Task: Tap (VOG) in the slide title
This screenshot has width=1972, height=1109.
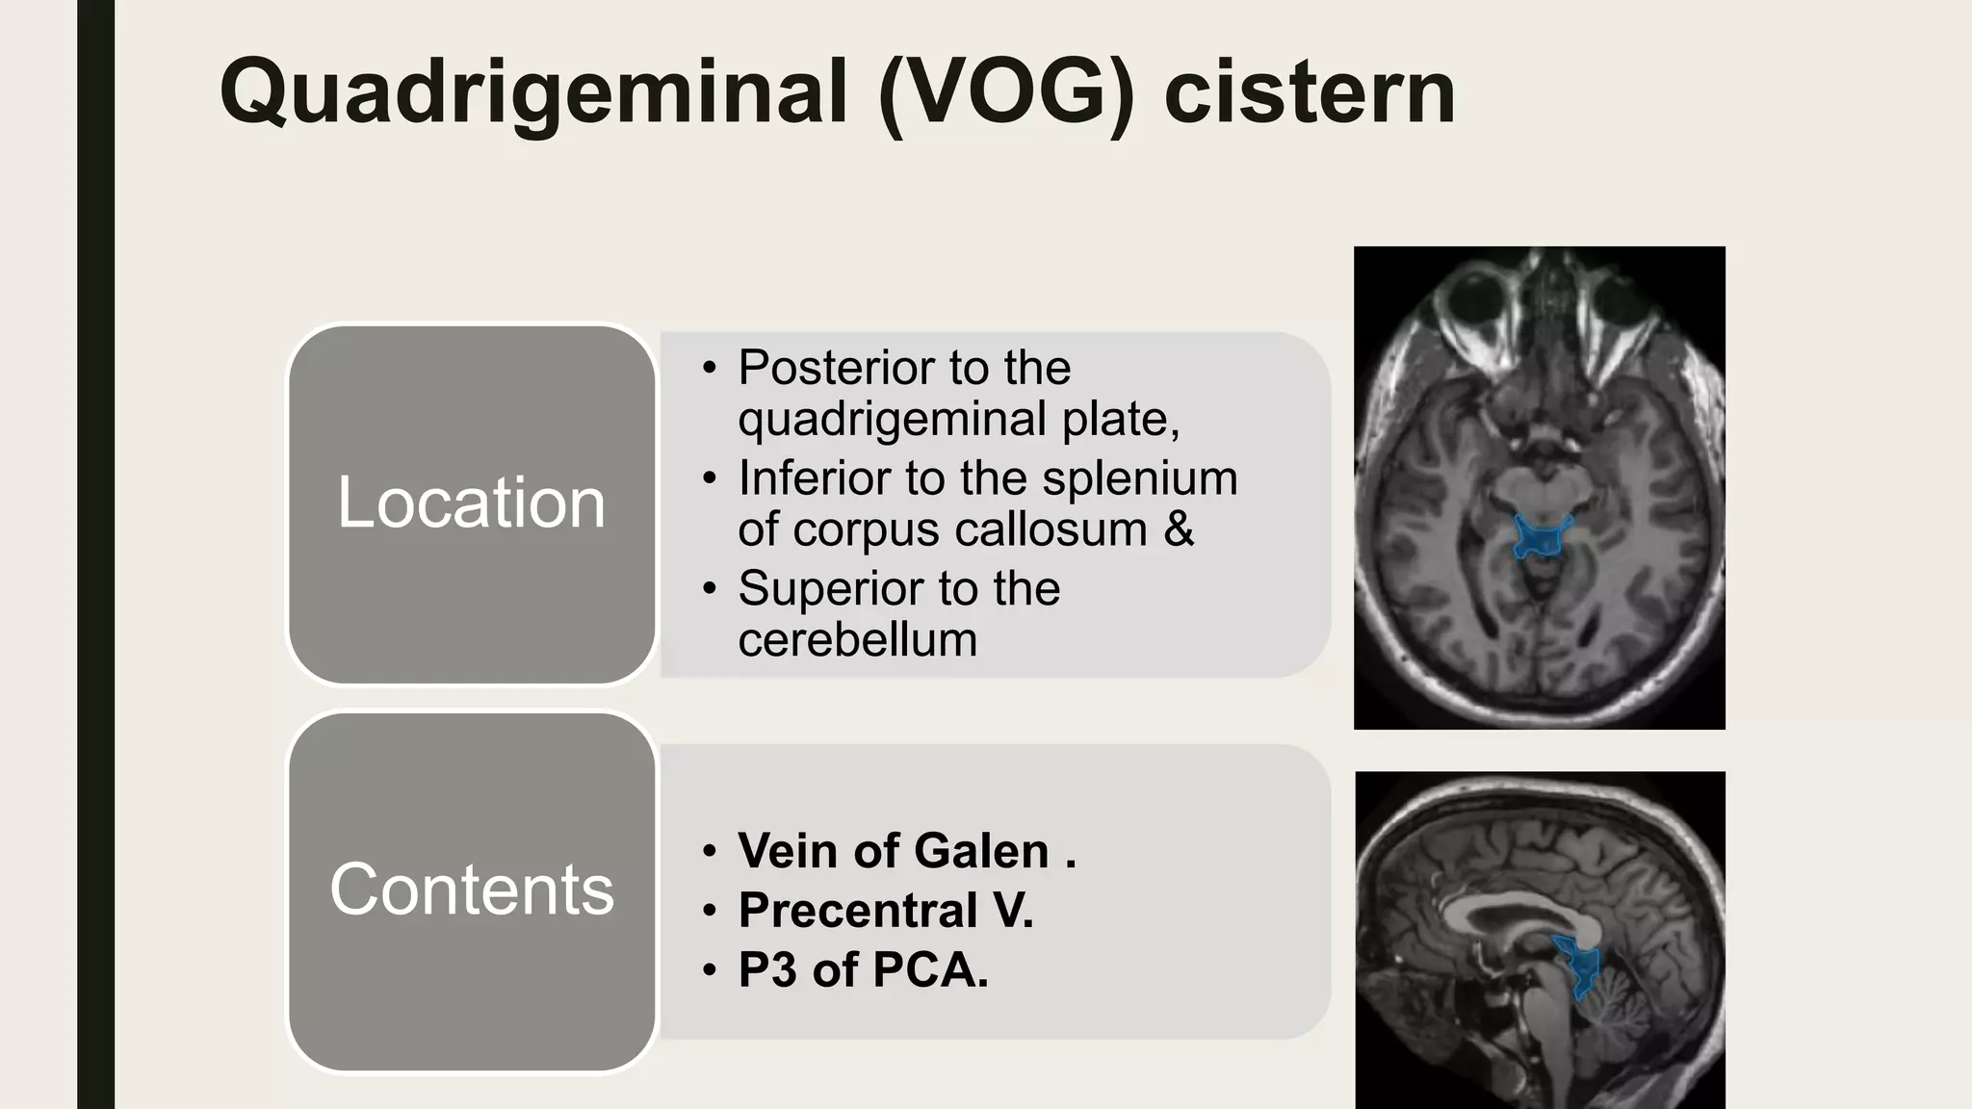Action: point(1006,93)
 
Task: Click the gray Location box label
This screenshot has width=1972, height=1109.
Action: point(471,503)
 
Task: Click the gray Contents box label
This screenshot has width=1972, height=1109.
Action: point(471,890)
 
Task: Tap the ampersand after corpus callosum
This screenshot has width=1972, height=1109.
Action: point(1179,529)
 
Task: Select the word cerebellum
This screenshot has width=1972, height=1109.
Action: point(857,640)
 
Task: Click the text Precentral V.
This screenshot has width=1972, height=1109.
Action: point(885,911)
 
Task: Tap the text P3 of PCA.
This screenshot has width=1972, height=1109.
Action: point(863,969)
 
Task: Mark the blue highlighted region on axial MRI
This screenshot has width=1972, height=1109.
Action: point(1541,537)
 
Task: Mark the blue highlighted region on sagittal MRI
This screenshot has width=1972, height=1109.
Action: point(1577,966)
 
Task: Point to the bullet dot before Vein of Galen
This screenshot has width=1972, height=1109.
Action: point(710,851)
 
